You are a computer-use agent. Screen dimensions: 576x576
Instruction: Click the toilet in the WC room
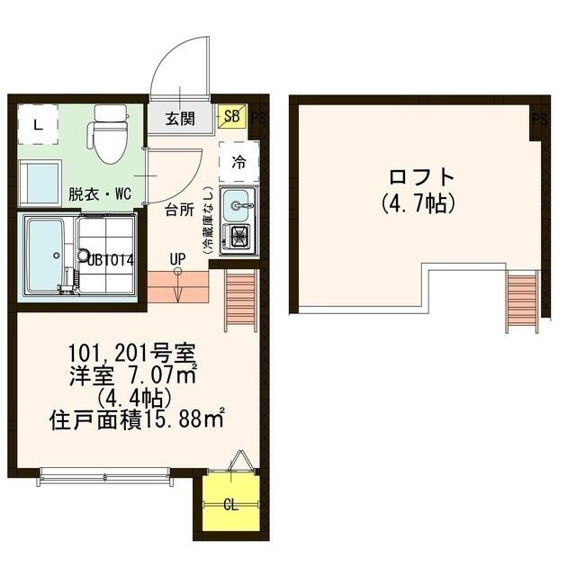[110, 135]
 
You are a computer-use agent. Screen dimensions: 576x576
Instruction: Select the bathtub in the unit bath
[44, 255]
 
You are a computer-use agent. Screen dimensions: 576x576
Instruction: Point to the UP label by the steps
[177, 259]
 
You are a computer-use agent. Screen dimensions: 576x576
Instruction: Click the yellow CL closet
[230, 504]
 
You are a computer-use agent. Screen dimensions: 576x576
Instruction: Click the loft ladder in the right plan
[522, 301]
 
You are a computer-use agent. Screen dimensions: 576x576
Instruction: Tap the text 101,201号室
[140, 351]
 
